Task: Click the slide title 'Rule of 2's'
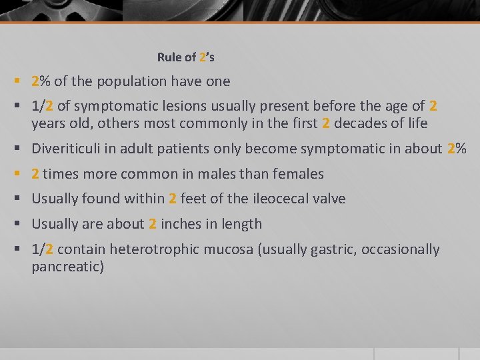[x=185, y=57]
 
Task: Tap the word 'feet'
[x=193, y=199]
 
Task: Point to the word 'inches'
[x=180, y=224]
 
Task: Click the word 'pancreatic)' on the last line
[x=67, y=267]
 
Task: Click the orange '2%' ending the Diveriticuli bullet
[x=457, y=149]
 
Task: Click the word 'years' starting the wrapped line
[x=48, y=124]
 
